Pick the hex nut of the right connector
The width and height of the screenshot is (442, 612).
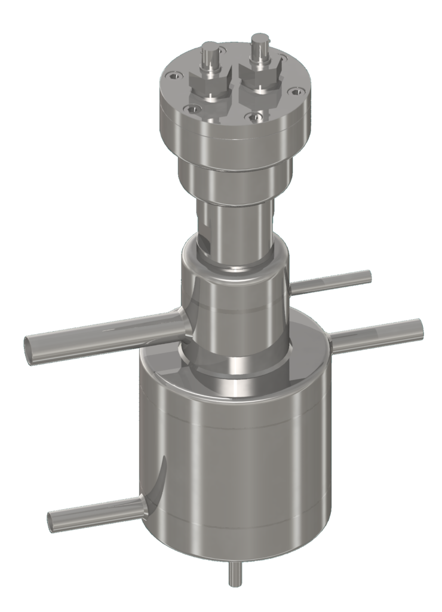(260, 74)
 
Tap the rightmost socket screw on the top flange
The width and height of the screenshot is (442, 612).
(294, 91)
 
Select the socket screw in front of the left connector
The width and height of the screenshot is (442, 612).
(192, 109)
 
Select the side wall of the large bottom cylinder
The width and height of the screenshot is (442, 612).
(239, 472)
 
